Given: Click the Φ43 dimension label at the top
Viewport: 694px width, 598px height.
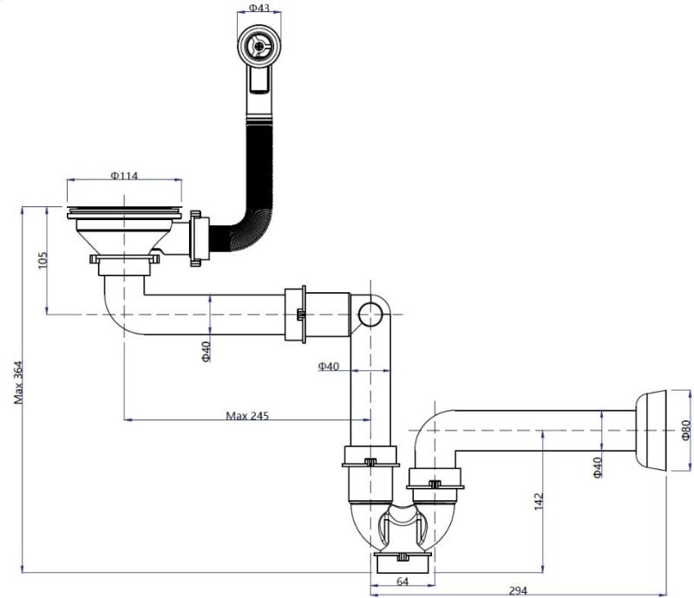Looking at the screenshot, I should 258,8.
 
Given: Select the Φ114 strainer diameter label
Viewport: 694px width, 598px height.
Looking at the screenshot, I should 125,174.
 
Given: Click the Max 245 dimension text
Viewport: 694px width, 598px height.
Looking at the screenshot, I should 247,415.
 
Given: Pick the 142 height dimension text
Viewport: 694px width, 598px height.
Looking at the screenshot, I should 538,501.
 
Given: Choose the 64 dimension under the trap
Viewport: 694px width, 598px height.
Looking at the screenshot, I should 402,581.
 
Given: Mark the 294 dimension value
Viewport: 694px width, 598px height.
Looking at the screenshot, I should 518,591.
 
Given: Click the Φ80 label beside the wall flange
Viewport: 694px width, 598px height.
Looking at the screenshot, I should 685,431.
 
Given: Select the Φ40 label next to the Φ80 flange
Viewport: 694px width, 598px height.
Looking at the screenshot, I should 597,468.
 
